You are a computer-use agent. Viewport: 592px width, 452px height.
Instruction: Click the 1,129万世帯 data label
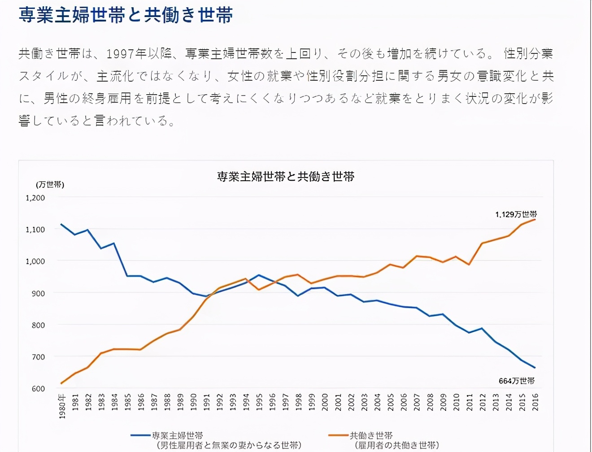coord(516,214)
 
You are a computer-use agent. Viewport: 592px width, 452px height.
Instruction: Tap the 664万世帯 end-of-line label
coord(517,381)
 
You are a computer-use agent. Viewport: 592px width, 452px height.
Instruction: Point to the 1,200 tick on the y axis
coord(35,198)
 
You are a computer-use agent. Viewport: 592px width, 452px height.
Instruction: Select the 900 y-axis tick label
coord(38,293)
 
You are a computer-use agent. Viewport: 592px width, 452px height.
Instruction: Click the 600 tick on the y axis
coord(38,389)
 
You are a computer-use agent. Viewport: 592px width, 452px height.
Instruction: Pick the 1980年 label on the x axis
coord(62,406)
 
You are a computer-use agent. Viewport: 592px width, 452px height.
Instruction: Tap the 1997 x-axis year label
coord(285,402)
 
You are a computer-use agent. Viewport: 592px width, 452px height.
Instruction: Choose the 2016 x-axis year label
coord(535,402)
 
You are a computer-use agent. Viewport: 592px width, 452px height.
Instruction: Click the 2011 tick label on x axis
coord(469,402)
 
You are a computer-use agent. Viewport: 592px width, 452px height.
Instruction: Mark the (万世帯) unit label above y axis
coord(50,185)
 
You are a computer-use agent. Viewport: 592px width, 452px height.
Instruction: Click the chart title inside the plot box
coord(286,177)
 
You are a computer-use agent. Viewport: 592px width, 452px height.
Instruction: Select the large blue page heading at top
coord(126,15)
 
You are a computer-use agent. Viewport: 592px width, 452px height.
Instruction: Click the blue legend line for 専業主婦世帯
coord(140,435)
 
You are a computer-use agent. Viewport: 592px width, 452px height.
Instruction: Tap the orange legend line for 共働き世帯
coord(339,435)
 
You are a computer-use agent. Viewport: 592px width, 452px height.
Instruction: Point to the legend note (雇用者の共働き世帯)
coord(396,445)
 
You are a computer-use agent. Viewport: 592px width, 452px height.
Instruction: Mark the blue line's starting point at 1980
coord(61,224)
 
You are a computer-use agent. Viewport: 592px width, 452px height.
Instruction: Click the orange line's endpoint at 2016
coord(535,219)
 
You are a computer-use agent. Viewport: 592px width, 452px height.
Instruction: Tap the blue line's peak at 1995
coord(259,275)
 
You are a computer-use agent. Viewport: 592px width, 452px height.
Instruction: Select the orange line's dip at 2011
coord(469,265)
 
